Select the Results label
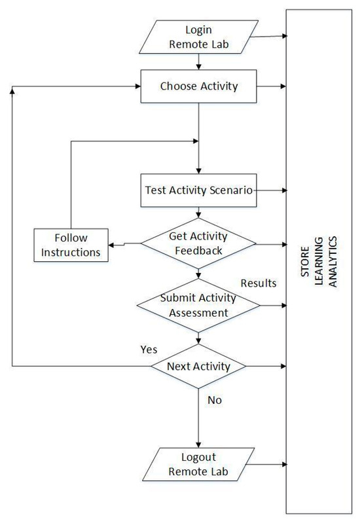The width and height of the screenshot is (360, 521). click(x=259, y=283)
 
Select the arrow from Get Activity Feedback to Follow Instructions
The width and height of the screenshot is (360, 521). click(x=124, y=243)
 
